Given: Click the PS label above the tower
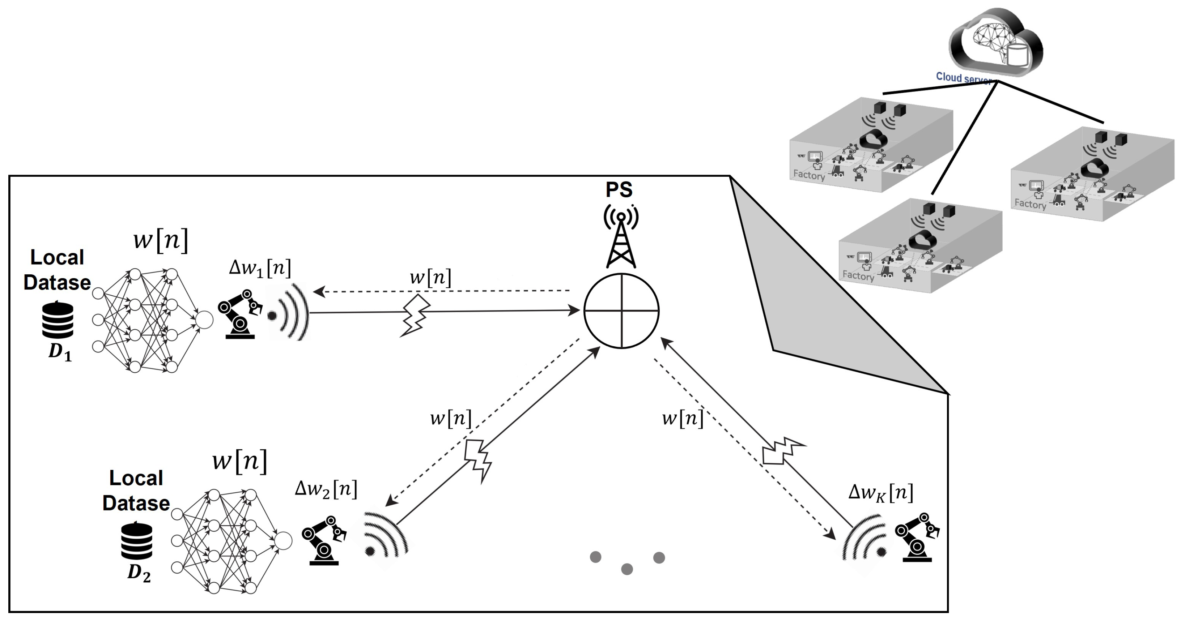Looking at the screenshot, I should pyautogui.click(x=619, y=190).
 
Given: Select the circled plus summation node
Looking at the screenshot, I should pyautogui.click(x=621, y=311).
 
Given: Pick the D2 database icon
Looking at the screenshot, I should pyautogui.click(x=137, y=541).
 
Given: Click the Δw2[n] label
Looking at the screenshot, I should pyautogui.click(x=326, y=489).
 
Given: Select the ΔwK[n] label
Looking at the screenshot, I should pyautogui.click(x=881, y=493).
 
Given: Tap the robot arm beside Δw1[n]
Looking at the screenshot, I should pyautogui.click(x=240, y=314).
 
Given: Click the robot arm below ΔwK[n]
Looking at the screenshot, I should pyautogui.click(x=917, y=538).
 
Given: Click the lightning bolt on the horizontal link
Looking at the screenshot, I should pyautogui.click(x=415, y=316).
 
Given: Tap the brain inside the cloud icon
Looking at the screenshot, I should pyautogui.click(x=993, y=39).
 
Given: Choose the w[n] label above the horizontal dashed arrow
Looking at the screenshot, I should pyautogui.click(x=430, y=277).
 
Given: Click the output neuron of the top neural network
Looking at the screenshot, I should pyautogui.click(x=204, y=320).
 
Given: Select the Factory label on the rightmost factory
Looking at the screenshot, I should pyautogui.click(x=1030, y=204).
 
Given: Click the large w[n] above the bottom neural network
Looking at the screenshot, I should pyautogui.click(x=239, y=461).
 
